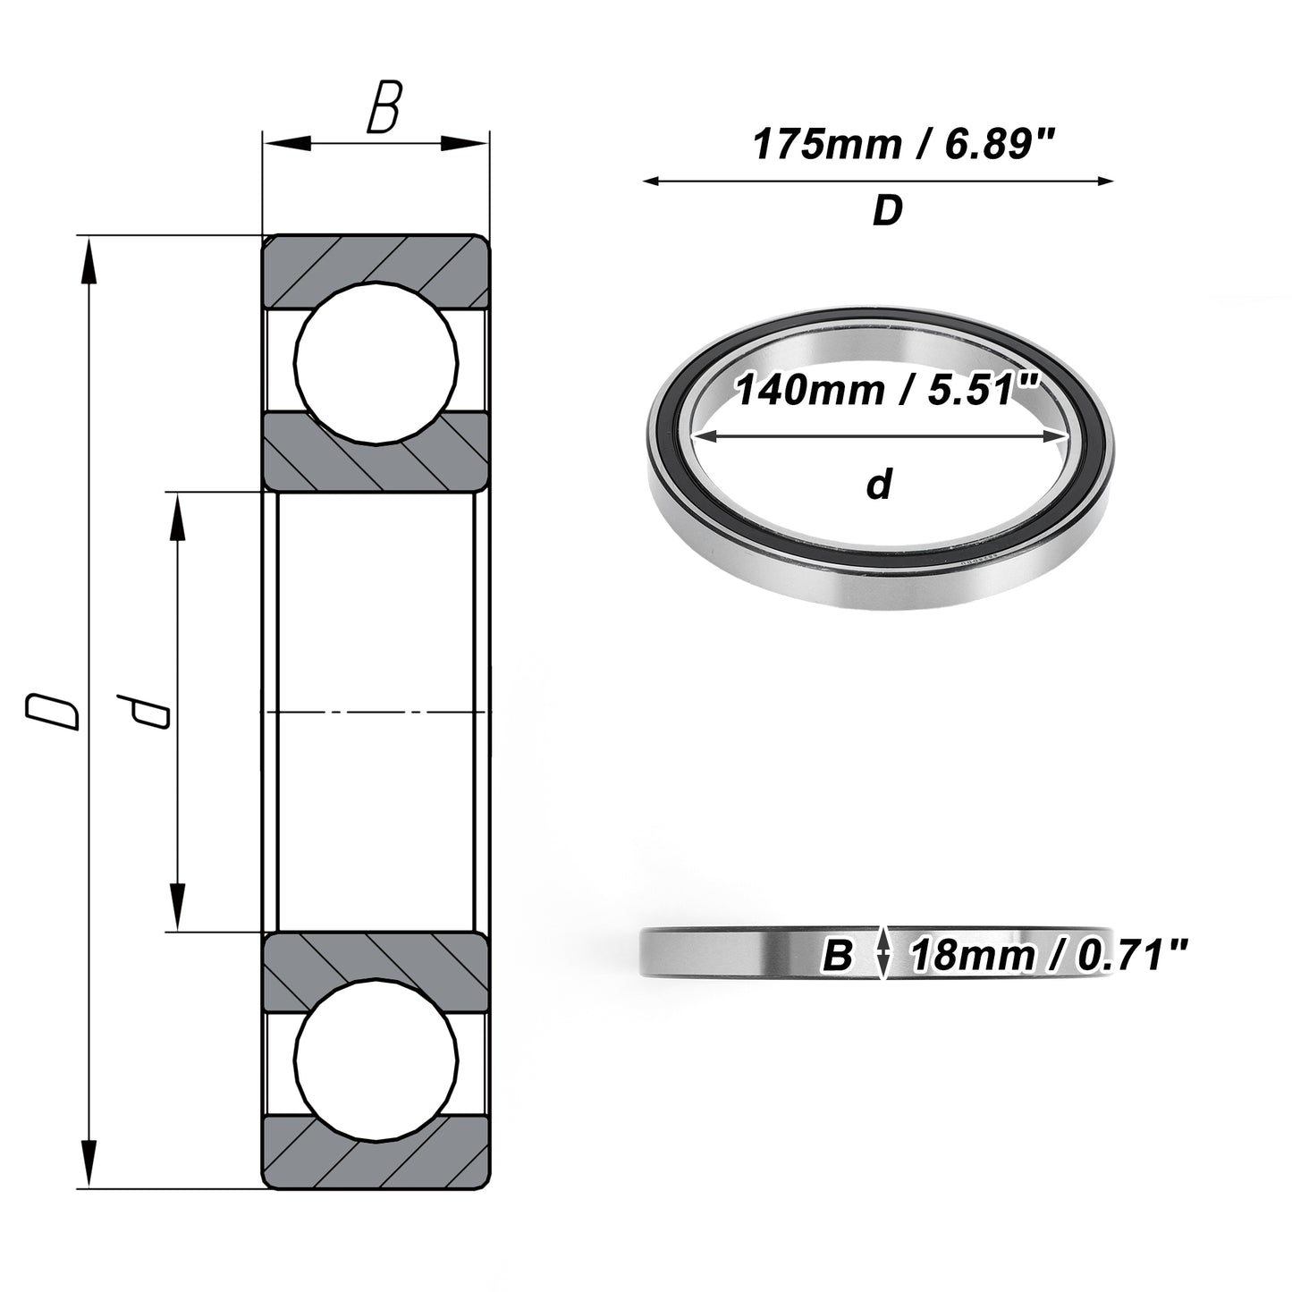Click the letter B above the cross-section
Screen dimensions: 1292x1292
coord(384,107)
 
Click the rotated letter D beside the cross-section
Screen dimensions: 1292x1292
coord(52,712)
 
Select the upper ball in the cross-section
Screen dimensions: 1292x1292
coord(376,363)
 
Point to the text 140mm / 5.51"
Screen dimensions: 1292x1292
coord(887,390)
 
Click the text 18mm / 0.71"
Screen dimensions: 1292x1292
coord(1050,956)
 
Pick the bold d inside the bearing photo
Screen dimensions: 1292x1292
coord(879,484)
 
